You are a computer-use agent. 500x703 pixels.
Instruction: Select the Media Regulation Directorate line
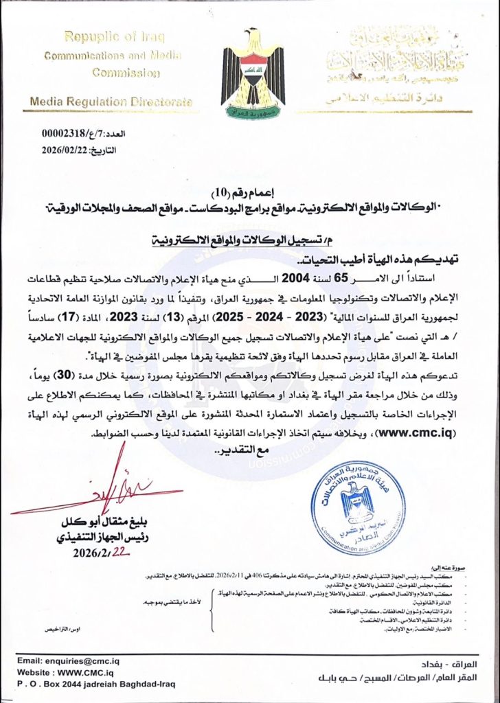[111, 102]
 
